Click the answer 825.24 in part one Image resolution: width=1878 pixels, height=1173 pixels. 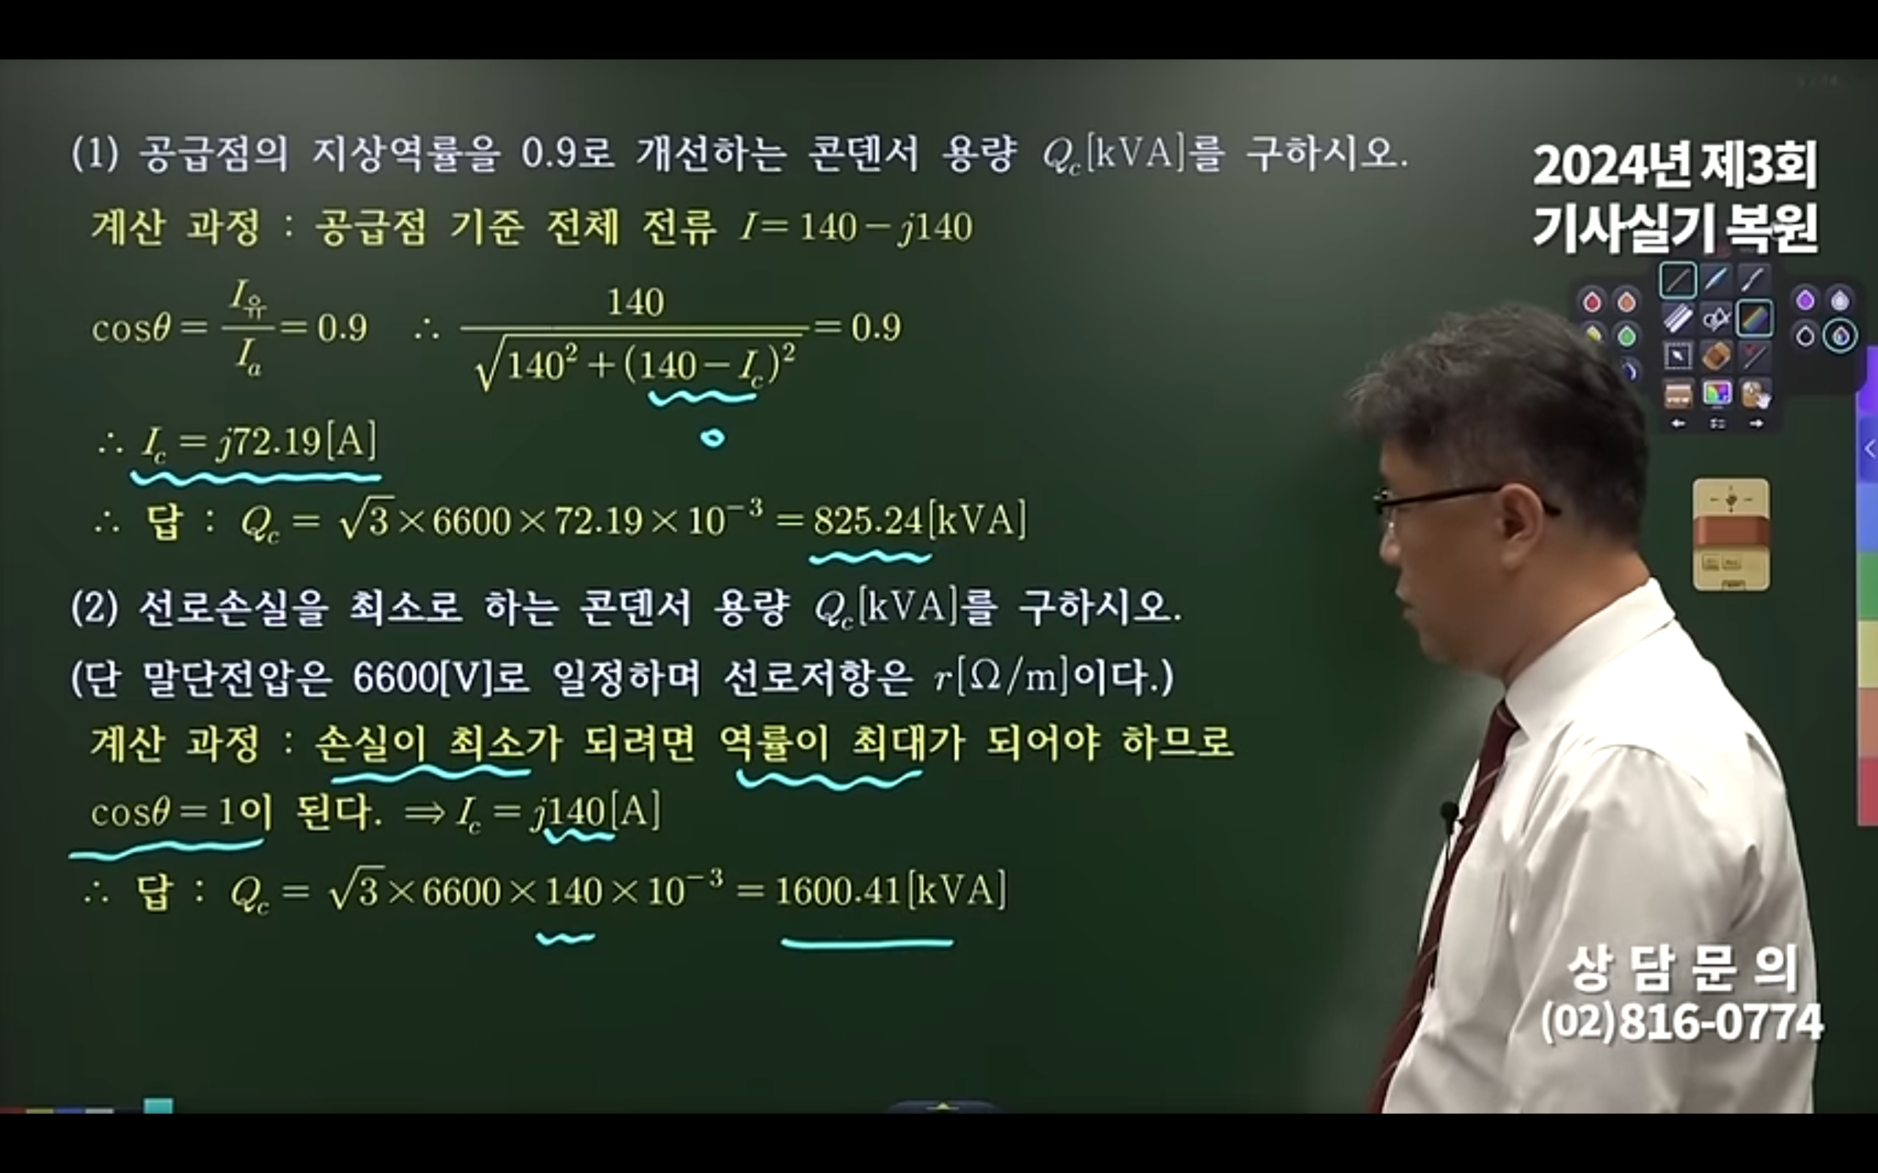(x=867, y=521)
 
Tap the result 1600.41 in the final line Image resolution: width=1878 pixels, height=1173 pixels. (x=837, y=891)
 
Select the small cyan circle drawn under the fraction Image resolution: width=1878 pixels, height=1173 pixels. (x=712, y=438)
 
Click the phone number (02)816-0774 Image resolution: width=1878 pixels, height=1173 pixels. (x=1681, y=1022)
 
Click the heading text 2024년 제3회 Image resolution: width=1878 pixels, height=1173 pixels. (x=1676, y=166)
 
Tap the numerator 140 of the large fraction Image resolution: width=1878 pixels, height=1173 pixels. (x=635, y=301)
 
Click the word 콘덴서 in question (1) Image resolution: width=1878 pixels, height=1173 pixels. (x=862, y=154)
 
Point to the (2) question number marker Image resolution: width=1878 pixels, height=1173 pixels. (x=94, y=608)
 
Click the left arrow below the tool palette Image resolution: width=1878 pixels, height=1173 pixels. (x=1678, y=424)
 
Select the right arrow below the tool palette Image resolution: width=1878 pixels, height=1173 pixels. (x=1757, y=424)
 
